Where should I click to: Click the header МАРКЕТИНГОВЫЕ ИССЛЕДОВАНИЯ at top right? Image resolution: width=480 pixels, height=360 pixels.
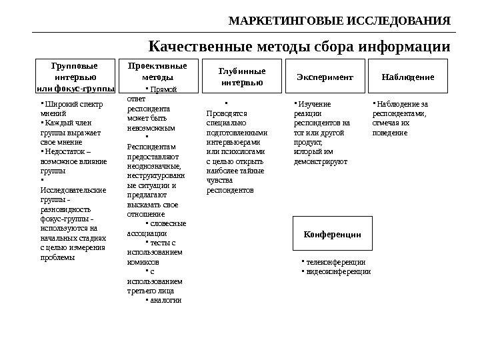[x=339, y=21]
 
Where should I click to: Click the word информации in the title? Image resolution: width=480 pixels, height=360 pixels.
[x=404, y=47]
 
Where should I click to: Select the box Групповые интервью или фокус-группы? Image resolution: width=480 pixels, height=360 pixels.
[x=74, y=77]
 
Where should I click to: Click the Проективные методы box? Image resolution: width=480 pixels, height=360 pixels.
[x=157, y=72]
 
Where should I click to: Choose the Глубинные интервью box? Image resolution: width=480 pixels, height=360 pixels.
[x=242, y=77]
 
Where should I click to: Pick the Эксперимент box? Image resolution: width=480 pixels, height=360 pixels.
[x=325, y=77]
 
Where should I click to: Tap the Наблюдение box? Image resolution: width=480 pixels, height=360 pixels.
[x=407, y=77]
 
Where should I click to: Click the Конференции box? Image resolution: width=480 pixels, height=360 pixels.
[x=332, y=235]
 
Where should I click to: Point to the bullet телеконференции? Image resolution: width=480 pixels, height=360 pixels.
[x=335, y=262]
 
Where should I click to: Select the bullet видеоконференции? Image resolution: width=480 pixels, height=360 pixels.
[x=338, y=271]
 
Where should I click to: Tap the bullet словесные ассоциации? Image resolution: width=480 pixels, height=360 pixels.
[x=157, y=229]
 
